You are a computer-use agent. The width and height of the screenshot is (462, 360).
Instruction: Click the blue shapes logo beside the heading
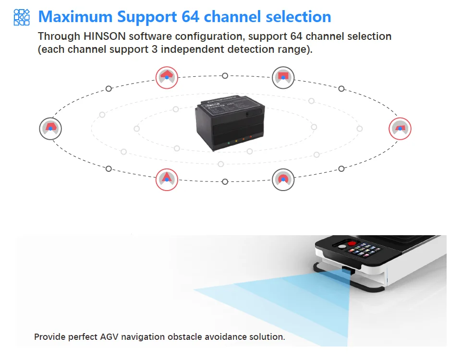click(x=22, y=17)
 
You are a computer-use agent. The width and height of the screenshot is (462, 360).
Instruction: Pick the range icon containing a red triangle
click(x=167, y=179)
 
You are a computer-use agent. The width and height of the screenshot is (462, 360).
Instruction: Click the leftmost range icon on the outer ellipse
click(x=50, y=128)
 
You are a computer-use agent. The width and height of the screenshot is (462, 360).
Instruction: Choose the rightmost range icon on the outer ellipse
click(x=400, y=128)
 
